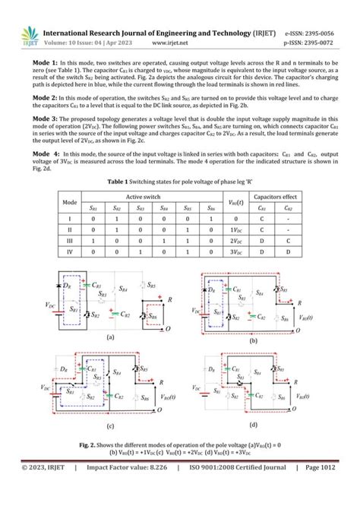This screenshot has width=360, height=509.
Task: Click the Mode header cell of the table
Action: (70, 201)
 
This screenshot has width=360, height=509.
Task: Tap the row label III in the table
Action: (70, 236)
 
